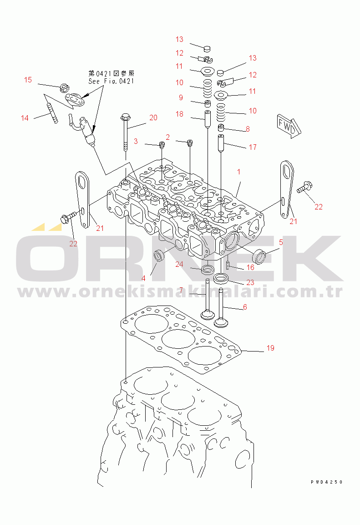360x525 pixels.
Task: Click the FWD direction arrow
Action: tap(289, 126)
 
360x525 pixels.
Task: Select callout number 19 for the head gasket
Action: tap(270, 348)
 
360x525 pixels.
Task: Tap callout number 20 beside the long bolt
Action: tap(153, 117)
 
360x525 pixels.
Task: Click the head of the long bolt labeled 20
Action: tap(125, 117)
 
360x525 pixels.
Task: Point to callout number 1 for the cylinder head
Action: tap(238, 172)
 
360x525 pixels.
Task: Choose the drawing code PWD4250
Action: tap(326, 482)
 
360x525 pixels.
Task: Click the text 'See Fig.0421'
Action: tap(111, 81)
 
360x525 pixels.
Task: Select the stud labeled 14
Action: tap(52, 113)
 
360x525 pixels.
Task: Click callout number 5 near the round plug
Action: tap(281, 242)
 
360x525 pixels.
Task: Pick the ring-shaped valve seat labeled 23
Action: tap(221, 278)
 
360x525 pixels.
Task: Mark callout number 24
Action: tap(179, 265)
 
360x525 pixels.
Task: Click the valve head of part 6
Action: tap(220, 323)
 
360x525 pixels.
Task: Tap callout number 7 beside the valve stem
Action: tap(181, 290)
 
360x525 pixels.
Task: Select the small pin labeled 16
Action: tap(228, 265)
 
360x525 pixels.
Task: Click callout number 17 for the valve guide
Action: tap(253, 147)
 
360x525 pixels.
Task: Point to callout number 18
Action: tap(179, 114)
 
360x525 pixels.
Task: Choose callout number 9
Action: tap(181, 97)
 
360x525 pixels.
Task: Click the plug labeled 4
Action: tap(159, 256)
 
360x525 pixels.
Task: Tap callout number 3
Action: tap(136, 141)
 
